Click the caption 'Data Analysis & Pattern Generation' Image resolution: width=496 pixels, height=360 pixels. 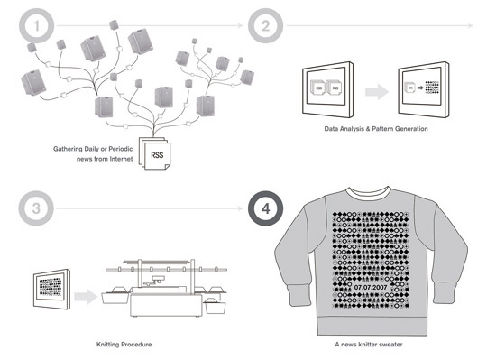click(x=375, y=129)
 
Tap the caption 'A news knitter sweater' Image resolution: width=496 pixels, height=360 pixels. click(x=375, y=344)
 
